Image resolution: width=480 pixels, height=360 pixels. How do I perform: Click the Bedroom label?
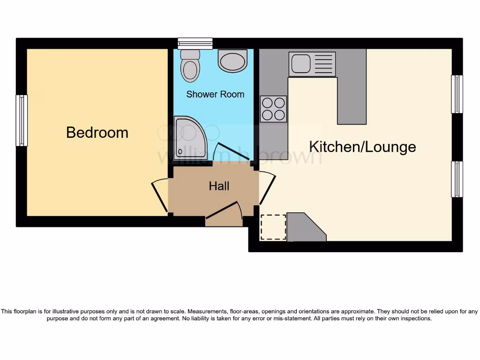coord(97,132)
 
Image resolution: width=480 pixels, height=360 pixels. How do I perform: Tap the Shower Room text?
coord(215,94)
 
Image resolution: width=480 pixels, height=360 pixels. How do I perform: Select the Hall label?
coord(219,186)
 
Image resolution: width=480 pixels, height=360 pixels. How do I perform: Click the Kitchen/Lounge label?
coord(362,147)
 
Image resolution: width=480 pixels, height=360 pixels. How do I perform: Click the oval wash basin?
coord(232,61)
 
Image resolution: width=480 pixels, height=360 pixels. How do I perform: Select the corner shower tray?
coord(187,136)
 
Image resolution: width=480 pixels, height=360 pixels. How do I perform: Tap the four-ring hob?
coord(273,109)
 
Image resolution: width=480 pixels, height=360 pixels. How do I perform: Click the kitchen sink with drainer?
coord(312,64)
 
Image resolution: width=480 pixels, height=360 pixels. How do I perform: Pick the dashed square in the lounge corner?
coord(273,227)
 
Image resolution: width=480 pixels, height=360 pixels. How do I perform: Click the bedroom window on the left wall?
coord(22,120)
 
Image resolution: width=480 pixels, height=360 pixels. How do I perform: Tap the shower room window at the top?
coord(195,43)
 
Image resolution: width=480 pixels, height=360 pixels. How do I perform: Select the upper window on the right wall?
coord(457,94)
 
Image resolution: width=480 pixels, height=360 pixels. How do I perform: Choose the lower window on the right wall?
coord(457,179)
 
